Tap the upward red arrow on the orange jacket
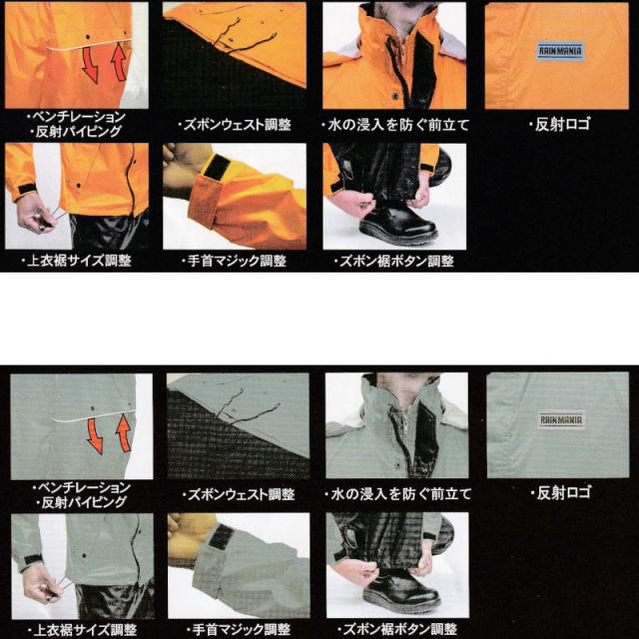118,61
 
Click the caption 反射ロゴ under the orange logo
559,125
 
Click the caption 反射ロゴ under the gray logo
561,492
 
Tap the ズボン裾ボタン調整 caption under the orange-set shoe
394,262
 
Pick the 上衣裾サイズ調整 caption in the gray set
82,629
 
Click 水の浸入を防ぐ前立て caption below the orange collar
395,126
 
